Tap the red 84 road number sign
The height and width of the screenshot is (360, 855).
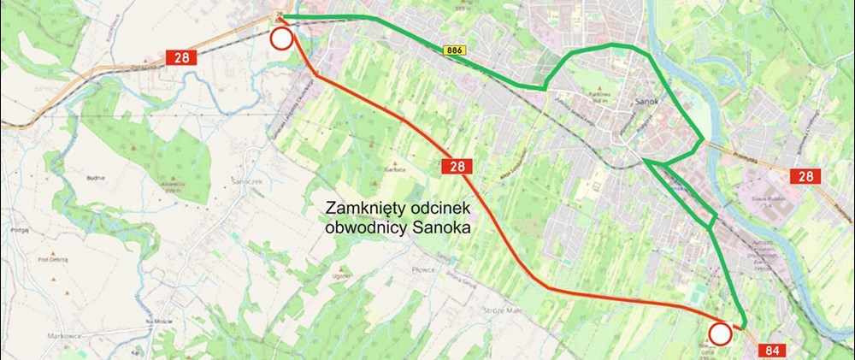(x=772, y=349)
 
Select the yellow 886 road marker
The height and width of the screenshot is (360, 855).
(x=454, y=51)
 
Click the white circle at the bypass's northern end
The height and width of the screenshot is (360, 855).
(x=281, y=38)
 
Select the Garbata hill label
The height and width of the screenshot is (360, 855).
(x=393, y=170)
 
